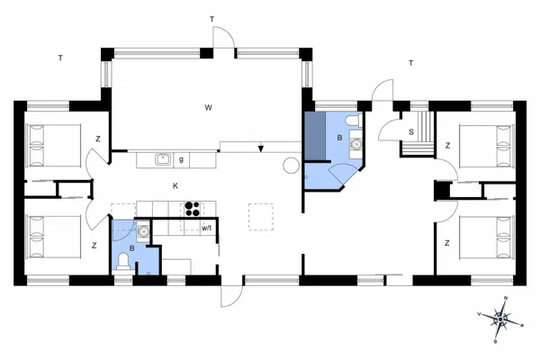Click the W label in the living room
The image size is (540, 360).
tap(209, 108)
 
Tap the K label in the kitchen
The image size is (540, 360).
tap(175, 186)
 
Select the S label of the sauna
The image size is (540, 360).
tap(411, 132)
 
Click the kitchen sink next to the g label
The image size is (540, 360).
tap(163, 158)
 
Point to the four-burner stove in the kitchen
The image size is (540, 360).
tap(193, 209)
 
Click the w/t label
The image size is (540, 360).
tap(206, 228)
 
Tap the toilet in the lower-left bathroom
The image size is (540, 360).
tap(123, 261)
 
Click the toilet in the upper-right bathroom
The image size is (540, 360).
tap(352, 120)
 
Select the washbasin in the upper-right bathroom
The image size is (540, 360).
tap(356, 143)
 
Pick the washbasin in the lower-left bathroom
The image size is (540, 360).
tap(143, 230)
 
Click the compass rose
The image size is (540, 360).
tap(500, 320)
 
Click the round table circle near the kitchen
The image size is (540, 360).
tap(291, 166)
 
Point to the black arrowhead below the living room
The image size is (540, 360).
tap(261, 148)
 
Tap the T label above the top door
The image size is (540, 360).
tap(211, 19)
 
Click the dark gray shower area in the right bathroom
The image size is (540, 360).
tap(315, 136)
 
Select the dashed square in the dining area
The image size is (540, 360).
tap(261, 217)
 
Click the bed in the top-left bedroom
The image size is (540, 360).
tap(54, 147)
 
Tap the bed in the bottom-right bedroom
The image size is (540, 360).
tap(487, 238)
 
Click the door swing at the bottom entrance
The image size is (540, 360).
tap(232, 296)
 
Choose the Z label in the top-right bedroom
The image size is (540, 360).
tap(447, 146)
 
